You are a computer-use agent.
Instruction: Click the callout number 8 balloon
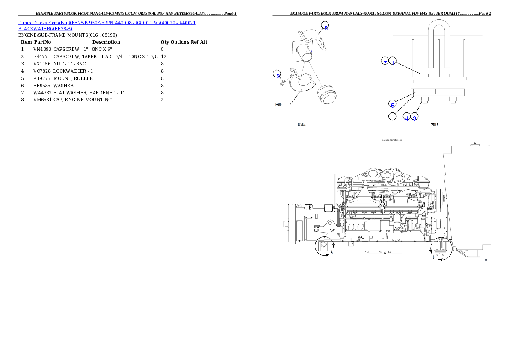(x=326, y=28)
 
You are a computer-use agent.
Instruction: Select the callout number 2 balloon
(x=278, y=76)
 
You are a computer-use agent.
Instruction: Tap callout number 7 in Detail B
(x=385, y=62)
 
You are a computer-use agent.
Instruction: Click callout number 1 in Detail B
(x=393, y=62)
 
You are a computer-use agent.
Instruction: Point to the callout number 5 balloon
(x=392, y=103)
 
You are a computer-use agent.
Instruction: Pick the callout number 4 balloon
(x=407, y=118)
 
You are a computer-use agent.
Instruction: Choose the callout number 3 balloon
(x=414, y=118)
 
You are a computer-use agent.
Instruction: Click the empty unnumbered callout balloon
(x=392, y=116)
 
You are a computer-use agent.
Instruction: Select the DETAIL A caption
(x=302, y=125)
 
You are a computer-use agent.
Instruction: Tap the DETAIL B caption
(x=434, y=125)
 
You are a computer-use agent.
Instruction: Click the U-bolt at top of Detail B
(x=439, y=43)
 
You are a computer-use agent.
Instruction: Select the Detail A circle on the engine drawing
(x=323, y=248)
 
